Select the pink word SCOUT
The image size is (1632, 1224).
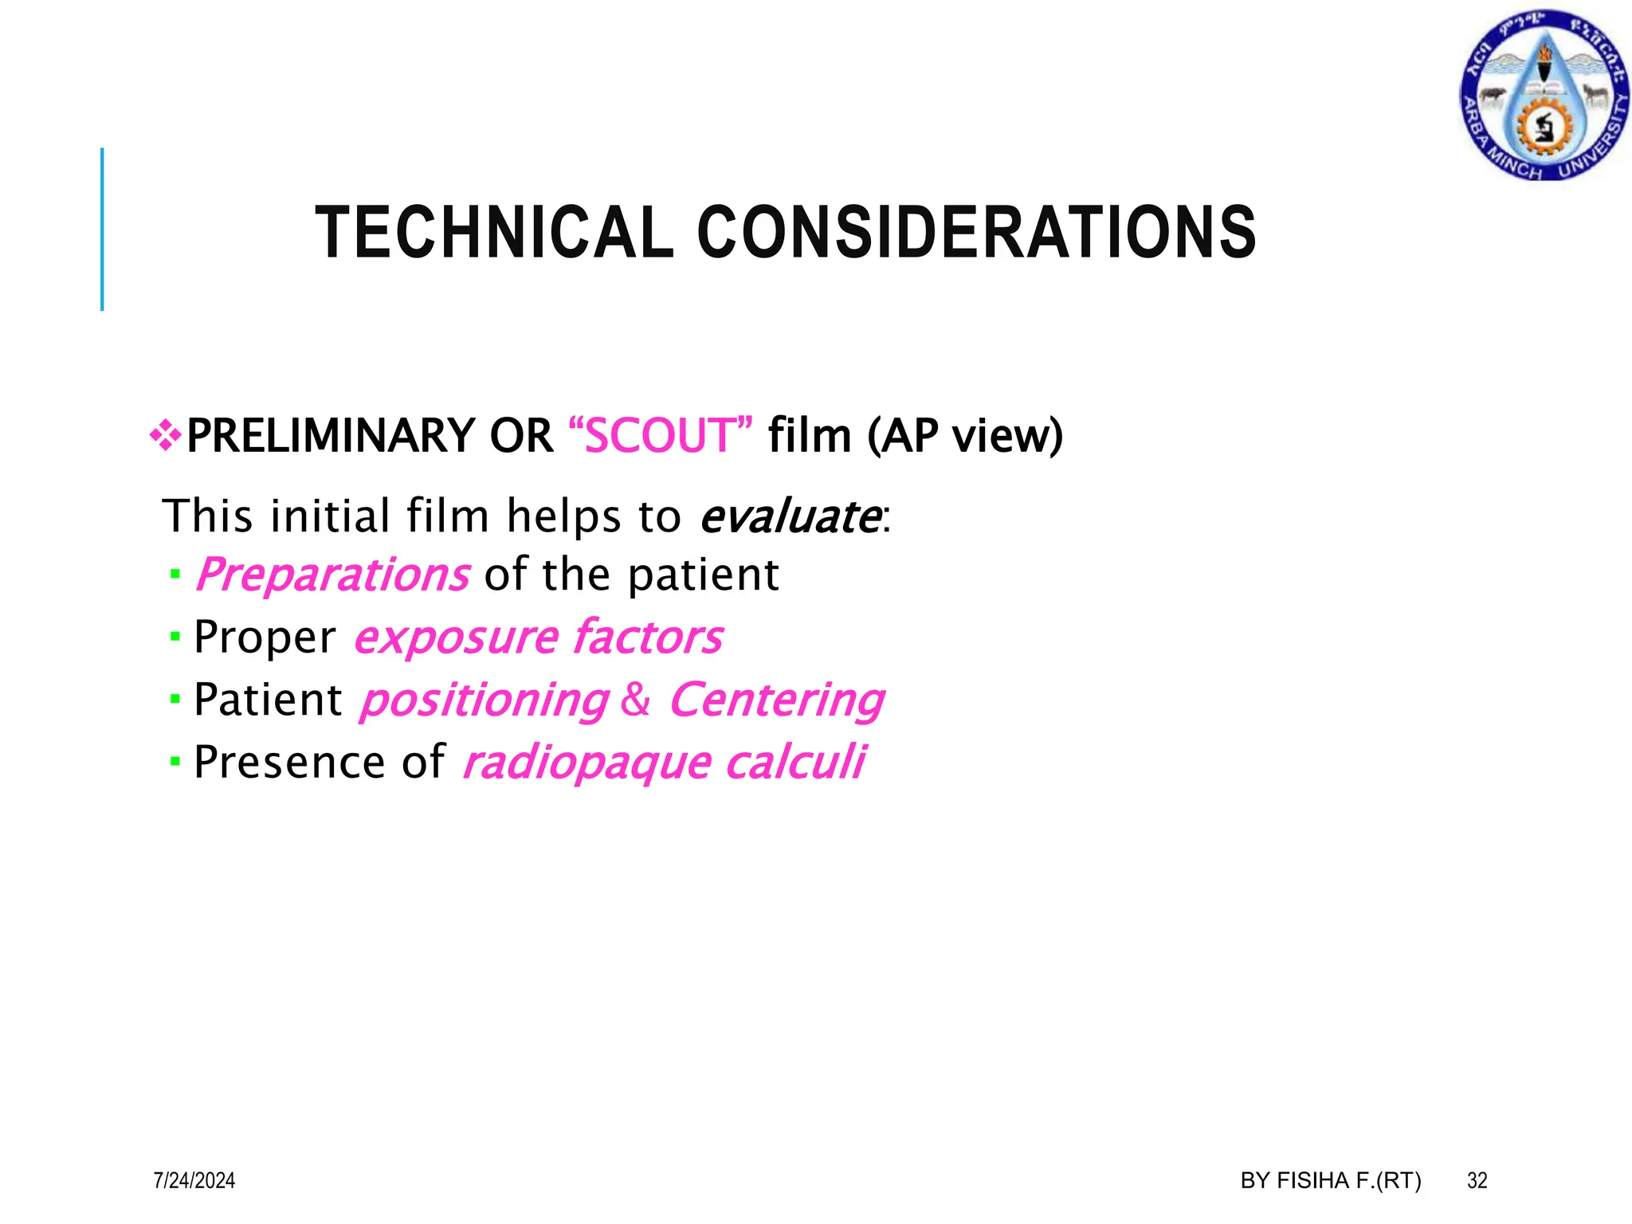661,436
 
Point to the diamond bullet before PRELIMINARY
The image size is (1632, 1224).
165,436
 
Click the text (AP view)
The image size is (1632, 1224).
965,436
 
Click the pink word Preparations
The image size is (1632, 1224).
332,575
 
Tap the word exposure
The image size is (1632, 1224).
456,637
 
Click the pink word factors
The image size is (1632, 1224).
648,637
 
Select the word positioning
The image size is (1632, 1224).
484,700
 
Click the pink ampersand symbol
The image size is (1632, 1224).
635,700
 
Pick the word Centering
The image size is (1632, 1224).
776,700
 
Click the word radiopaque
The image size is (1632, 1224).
586,763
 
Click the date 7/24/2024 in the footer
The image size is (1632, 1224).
194,1180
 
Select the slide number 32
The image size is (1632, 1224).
1477,1180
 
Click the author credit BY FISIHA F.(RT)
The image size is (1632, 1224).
1330,1180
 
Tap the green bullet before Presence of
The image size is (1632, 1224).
175,762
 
